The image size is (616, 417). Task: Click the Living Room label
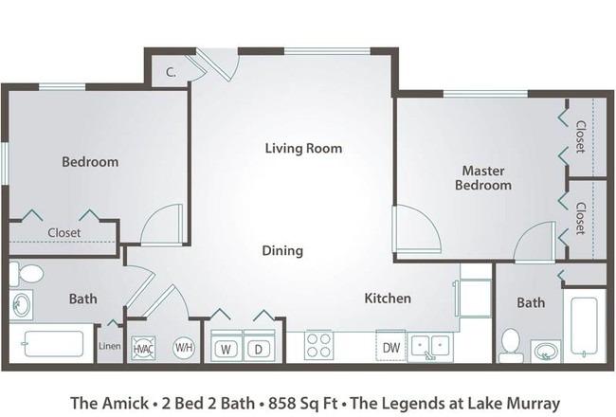(303, 148)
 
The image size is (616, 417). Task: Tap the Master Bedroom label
(483, 178)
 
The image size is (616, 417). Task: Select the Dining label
(282, 251)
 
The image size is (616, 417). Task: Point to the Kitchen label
(388, 298)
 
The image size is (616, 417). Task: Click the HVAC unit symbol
(143, 348)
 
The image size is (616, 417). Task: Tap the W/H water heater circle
(184, 348)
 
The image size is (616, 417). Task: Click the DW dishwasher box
(390, 346)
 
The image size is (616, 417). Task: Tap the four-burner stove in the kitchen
(318, 346)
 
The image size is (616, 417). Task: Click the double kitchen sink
(430, 346)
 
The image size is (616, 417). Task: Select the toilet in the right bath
(511, 346)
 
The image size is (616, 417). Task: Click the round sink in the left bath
(21, 304)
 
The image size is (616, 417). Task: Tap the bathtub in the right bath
(584, 325)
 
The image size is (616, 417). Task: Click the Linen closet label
(110, 346)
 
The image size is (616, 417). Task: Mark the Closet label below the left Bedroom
(64, 233)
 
